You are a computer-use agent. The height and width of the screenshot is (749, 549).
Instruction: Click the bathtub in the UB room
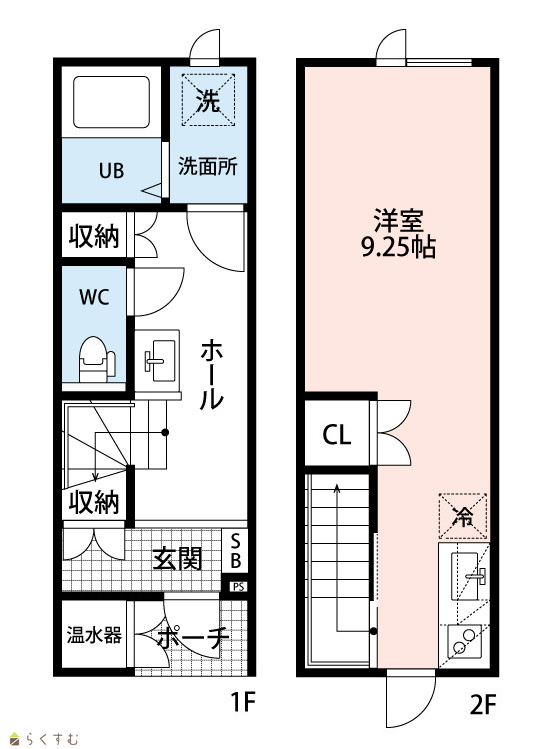[111, 102]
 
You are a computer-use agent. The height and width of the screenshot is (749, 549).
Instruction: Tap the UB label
[111, 171]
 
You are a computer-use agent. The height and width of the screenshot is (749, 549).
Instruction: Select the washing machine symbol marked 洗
[208, 99]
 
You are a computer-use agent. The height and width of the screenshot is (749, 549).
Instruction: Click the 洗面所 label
[208, 166]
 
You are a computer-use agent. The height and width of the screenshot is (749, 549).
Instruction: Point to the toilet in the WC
[97, 360]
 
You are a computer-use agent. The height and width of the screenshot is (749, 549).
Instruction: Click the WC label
[94, 297]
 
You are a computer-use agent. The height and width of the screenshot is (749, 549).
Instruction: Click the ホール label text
[211, 374]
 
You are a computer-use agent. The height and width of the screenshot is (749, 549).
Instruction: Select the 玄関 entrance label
[177, 559]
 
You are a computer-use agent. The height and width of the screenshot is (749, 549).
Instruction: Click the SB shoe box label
[235, 550]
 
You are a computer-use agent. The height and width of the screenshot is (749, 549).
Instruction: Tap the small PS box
[238, 586]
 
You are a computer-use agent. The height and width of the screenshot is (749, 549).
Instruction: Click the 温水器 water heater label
[94, 635]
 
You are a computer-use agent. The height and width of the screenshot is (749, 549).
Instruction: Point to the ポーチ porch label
[192, 638]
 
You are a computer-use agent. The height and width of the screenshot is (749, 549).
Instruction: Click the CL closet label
[337, 434]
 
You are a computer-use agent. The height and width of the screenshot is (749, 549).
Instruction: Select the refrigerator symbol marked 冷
[463, 516]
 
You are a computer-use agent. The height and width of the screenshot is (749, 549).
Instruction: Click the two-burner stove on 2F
[464, 641]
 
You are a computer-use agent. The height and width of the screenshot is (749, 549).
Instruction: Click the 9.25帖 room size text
[398, 248]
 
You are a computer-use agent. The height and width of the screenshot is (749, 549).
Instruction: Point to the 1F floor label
[243, 702]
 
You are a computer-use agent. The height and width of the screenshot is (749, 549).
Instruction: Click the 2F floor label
[483, 704]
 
